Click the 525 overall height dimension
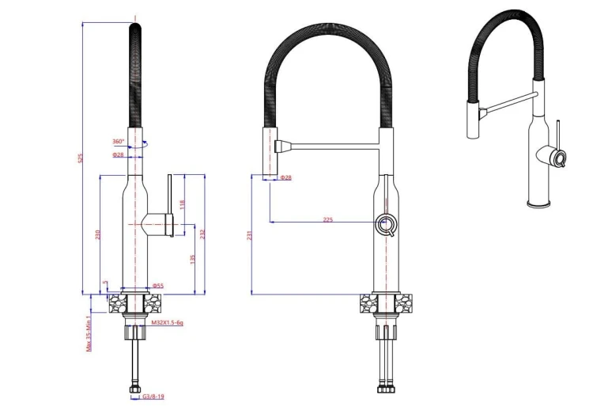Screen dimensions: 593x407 click(80, 158)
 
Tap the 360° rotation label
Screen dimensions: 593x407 click(118, 142)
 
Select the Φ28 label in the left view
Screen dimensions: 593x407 click(118, 154)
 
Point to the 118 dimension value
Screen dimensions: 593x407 click(183, 204)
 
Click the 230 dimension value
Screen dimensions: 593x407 click(98, 234)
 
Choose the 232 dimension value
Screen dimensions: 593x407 click(202, 234)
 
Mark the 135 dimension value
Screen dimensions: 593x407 click(192, 260)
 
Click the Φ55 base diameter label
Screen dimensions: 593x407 click(158, 286)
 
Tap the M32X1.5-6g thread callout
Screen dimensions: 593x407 click(167, 322)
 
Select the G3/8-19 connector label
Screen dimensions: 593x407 click(153, 397)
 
